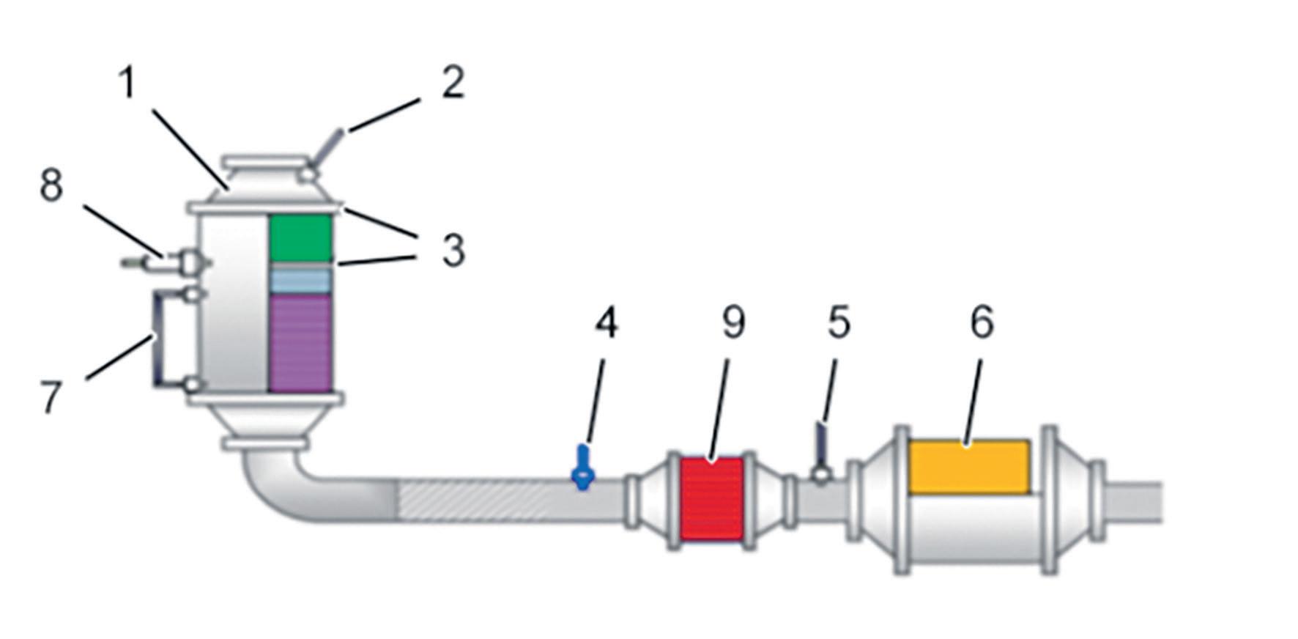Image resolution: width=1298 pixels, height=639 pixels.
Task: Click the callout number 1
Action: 127,84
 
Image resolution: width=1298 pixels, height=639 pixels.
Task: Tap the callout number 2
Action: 453,84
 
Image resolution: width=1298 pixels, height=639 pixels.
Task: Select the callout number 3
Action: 453,251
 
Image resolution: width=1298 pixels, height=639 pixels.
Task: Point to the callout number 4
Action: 606,323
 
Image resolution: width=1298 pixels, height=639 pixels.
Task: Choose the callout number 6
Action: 982,323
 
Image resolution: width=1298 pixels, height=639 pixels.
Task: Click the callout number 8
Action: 51,185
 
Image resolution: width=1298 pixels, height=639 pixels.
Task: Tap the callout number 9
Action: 733,323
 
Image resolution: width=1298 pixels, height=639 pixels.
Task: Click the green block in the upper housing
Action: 300,237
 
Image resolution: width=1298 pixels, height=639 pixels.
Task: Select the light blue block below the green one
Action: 300,280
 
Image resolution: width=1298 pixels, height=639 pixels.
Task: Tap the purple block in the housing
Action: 300,343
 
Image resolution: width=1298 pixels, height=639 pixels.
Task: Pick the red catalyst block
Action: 711,499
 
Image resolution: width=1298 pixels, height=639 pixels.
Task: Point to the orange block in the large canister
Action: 968,467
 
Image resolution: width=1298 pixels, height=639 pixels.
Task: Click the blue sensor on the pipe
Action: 583,468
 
